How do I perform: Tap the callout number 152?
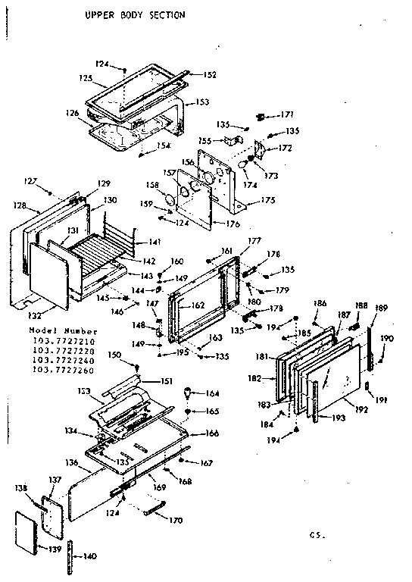pos(210,74)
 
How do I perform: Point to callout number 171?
pos(287,114)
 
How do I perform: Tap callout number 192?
pos(361,409)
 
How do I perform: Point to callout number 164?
pos(212,393)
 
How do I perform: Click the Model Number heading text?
pos(64,331)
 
